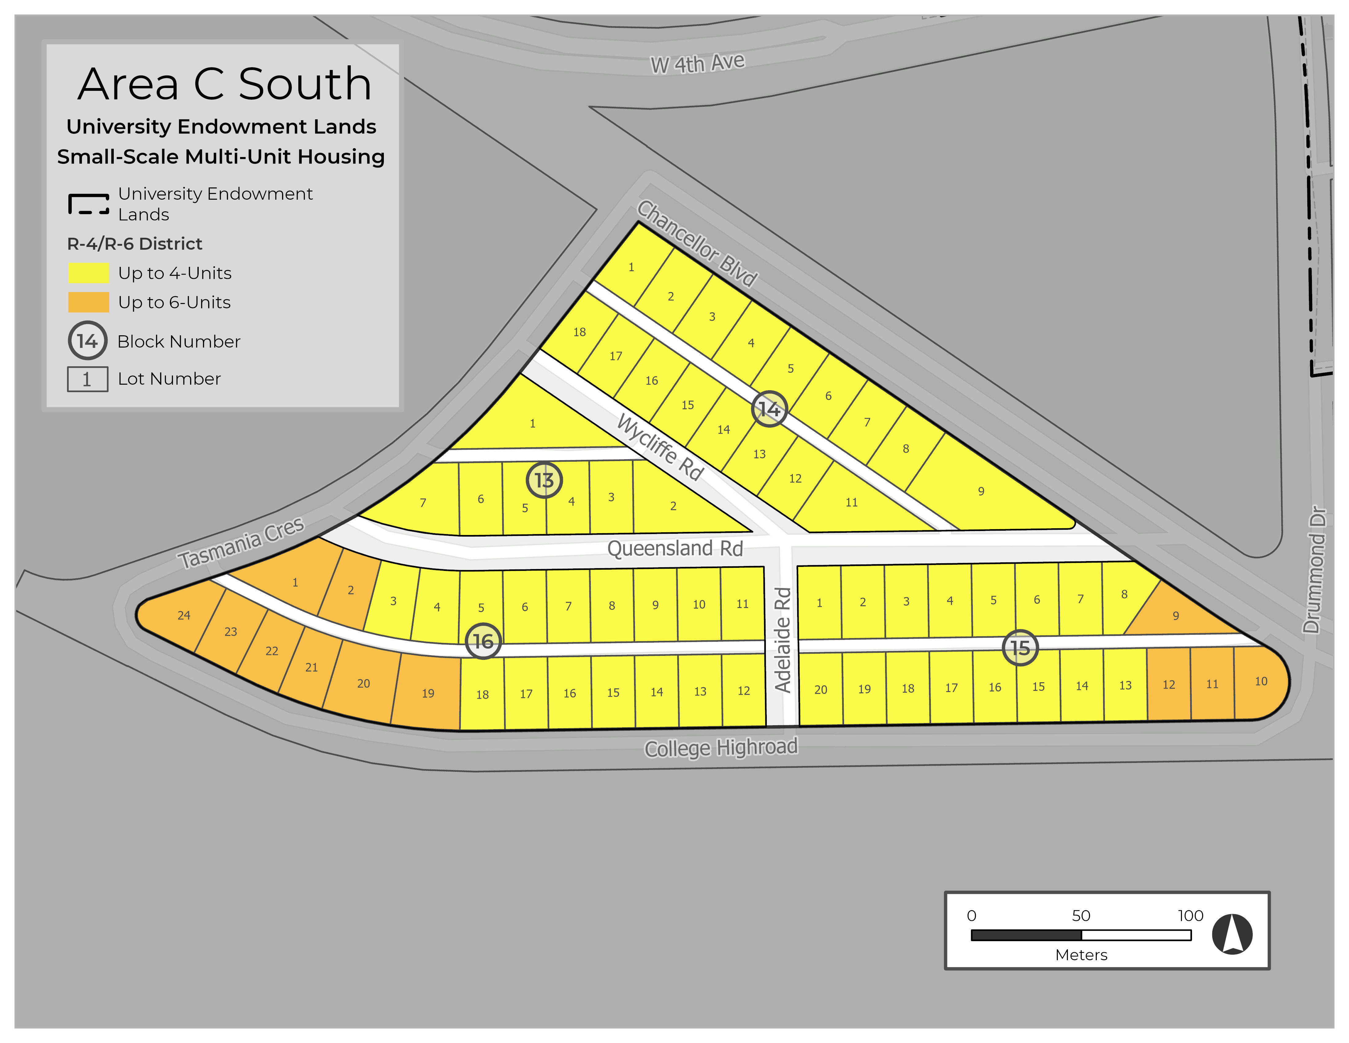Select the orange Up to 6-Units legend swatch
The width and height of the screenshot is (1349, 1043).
(x=88, y=302)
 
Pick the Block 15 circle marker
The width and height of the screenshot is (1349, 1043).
(x=1020, y=648)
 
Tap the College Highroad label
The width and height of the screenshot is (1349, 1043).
(x=721, y=748)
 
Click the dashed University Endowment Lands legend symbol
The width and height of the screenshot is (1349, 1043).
(x=88, y=204)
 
